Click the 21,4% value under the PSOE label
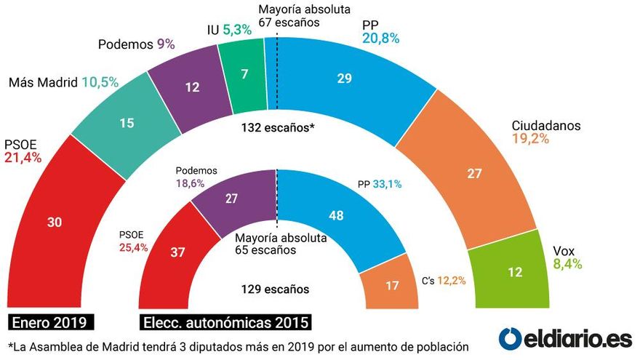[x=23, y=156]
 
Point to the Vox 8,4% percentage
[x=567, y=264]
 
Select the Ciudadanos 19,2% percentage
[x=529, y=140]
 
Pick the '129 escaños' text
[x=275, y=289]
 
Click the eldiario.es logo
[x=565, y=338]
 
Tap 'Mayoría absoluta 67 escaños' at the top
[x=305, y=15]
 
